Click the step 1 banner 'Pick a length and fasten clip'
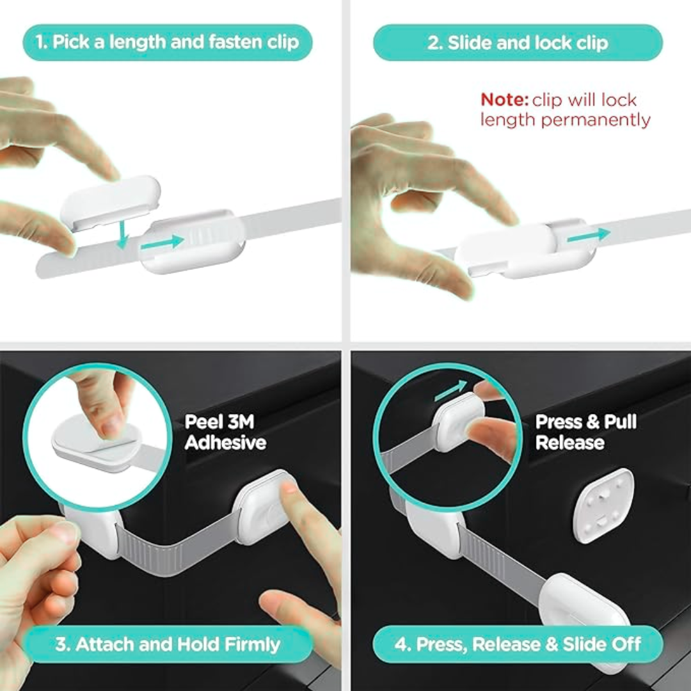pyautogui.click(x=167, y=43)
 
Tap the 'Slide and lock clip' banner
pyautogui.click(x=518, y=43)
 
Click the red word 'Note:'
pyautogui.click(x=504, y=100)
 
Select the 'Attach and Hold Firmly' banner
pyautogui.click(x=167, y=644)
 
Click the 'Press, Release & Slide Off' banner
pyautogui.click(x=518, y=644)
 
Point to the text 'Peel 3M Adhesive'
pyautogui.click(x=225, y=432)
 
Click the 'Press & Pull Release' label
pyautogui.click(x=585, y=432)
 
